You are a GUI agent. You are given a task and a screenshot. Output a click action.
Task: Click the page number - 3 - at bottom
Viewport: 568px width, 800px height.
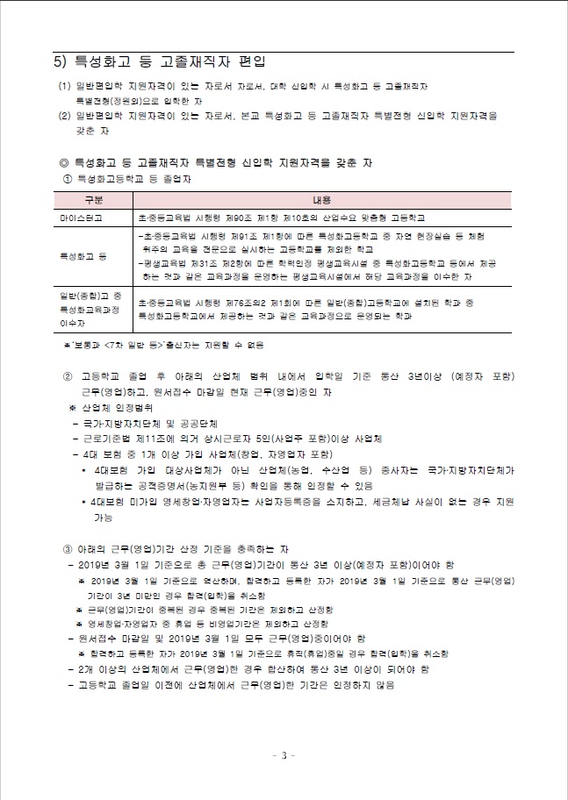(x=284, y=754)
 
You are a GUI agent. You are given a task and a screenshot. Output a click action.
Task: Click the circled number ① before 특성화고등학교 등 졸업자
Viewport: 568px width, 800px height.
(x=69, y=180)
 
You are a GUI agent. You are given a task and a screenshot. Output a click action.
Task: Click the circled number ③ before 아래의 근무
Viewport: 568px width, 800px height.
(x=69, y=548)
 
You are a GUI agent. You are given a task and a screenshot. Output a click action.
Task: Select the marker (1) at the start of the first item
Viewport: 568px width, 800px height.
(x=63, y=87)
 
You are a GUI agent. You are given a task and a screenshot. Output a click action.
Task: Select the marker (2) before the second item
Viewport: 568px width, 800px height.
(x=63, y=115)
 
